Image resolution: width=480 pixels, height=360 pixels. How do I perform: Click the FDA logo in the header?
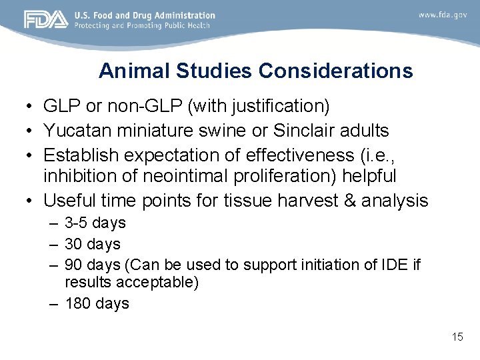tap(46, 20)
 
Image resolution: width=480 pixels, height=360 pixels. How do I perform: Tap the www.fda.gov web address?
tap(442, 15)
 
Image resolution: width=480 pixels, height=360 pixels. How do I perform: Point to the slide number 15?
tap(457, 337)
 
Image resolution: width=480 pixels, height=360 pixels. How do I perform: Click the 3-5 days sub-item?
tap(95, 223)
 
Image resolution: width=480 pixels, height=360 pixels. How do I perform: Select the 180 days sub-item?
tap(97, 304)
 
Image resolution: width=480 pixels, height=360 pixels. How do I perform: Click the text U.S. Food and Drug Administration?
tap(145, 15)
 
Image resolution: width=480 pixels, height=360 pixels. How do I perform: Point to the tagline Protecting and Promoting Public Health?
tap(142, 25)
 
